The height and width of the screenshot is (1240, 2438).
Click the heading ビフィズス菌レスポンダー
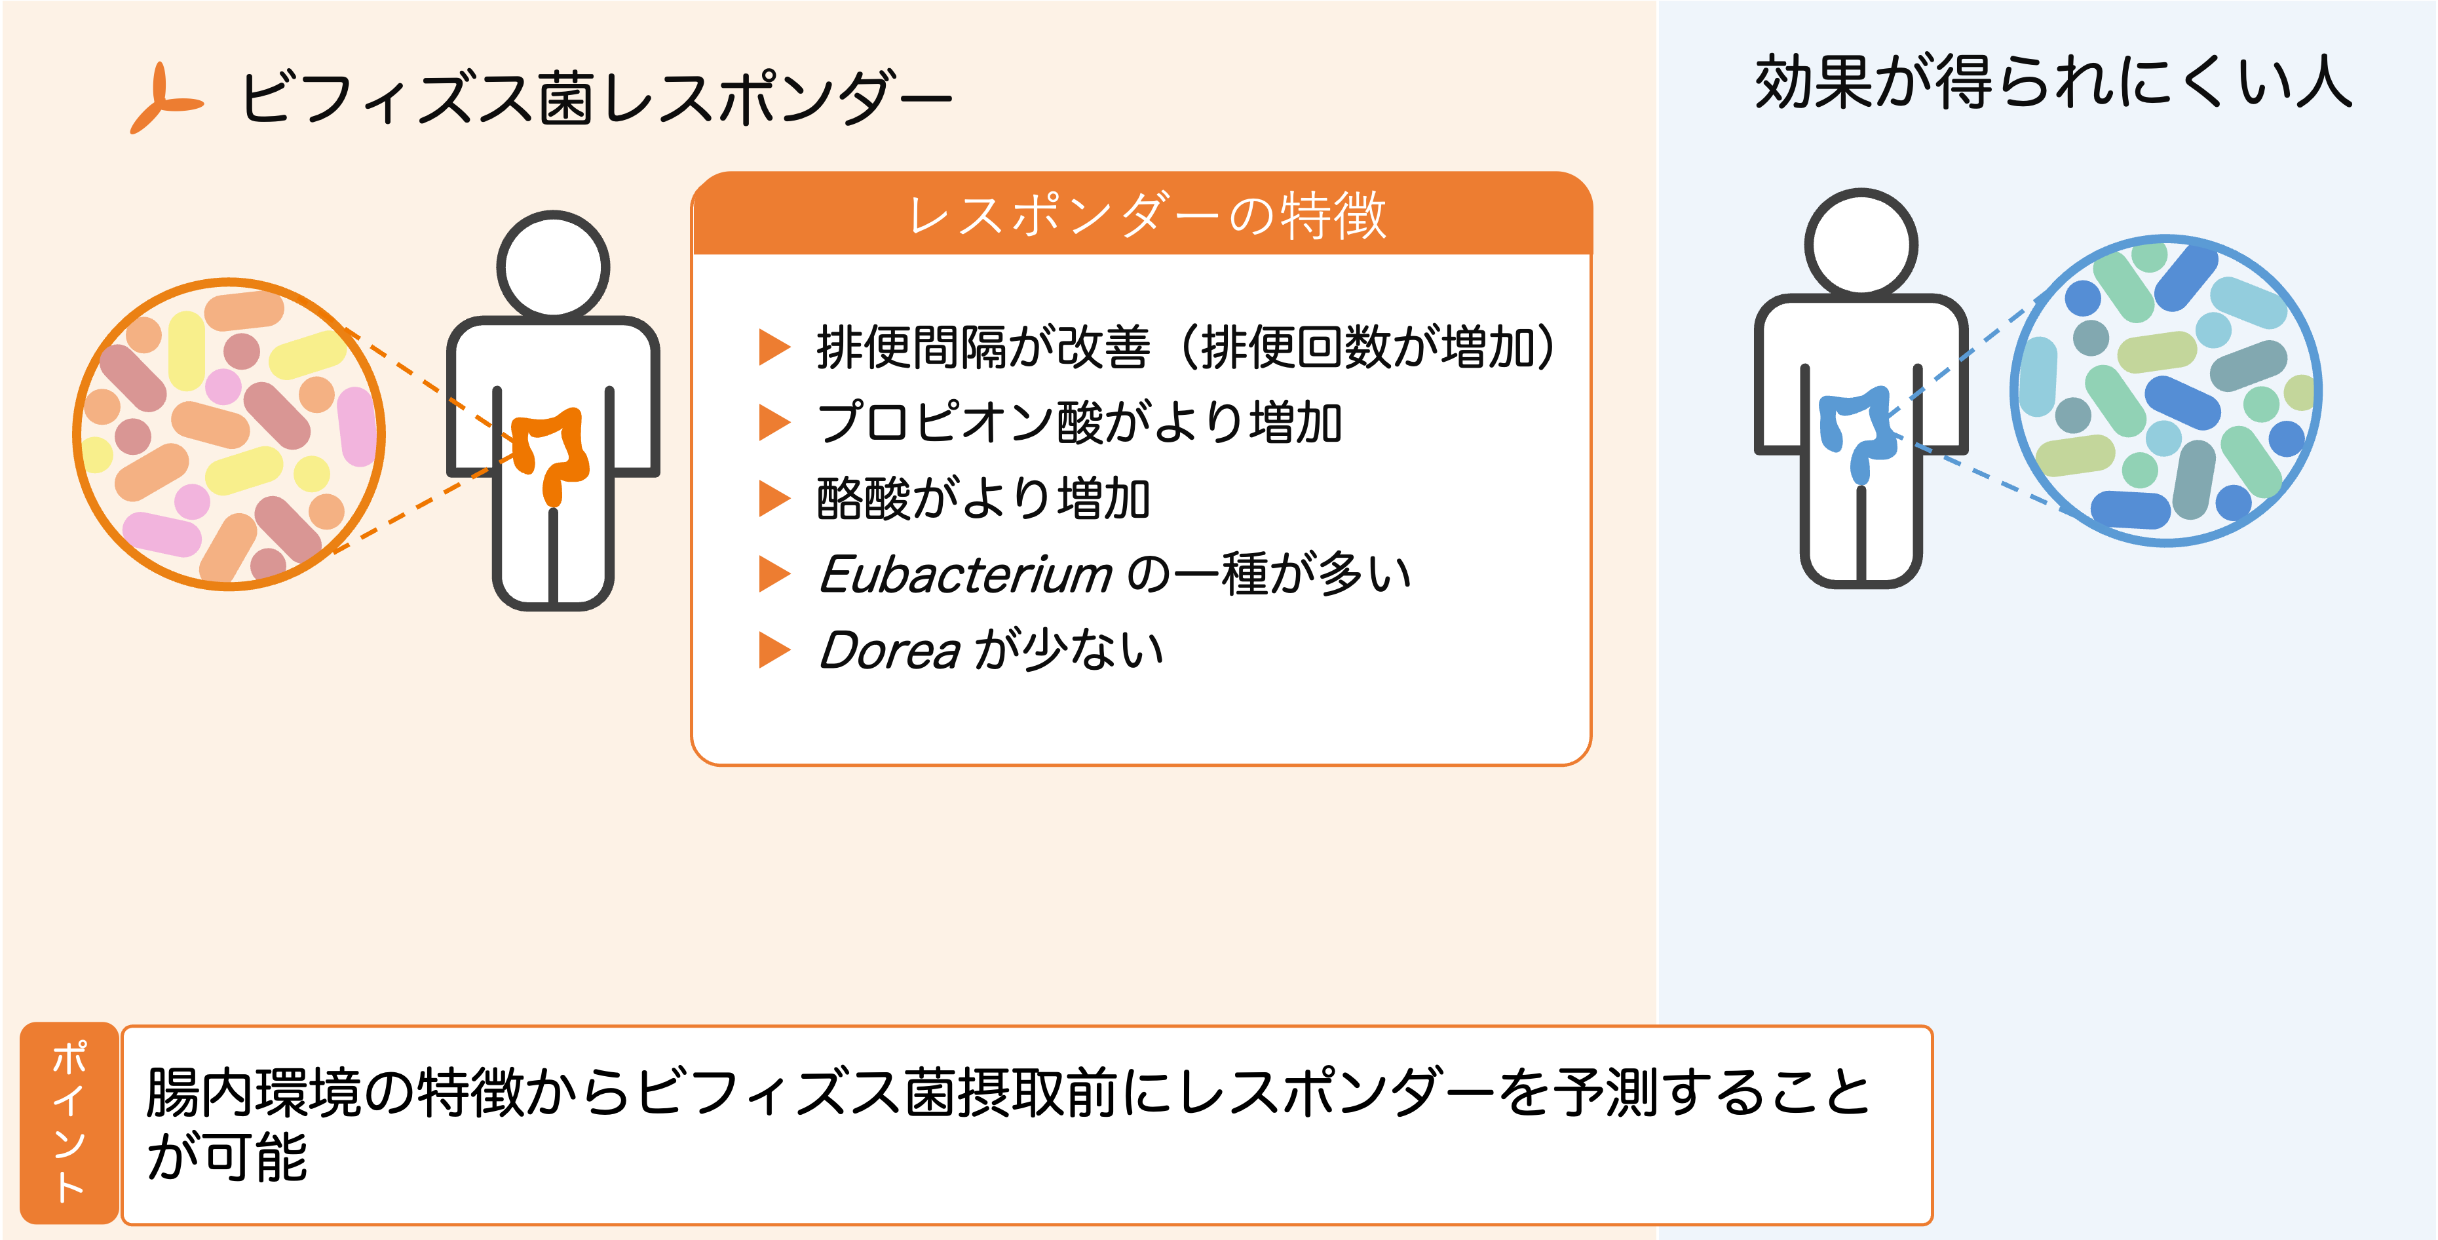click(x=596, y=98)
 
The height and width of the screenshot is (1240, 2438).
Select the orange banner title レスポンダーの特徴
click(x=1145, y=215)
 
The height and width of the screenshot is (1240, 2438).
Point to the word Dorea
click(x=890, y=651)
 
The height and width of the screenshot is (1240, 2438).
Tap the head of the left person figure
click(x=553, y=265)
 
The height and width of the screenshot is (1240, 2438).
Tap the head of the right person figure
click(x=1861, y=243)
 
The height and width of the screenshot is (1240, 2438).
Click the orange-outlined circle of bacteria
click(x=229, y=435)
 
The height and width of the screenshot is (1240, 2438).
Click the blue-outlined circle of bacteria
click(x=2165, y=390)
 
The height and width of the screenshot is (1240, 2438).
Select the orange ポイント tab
click(x=69, y=1123)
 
